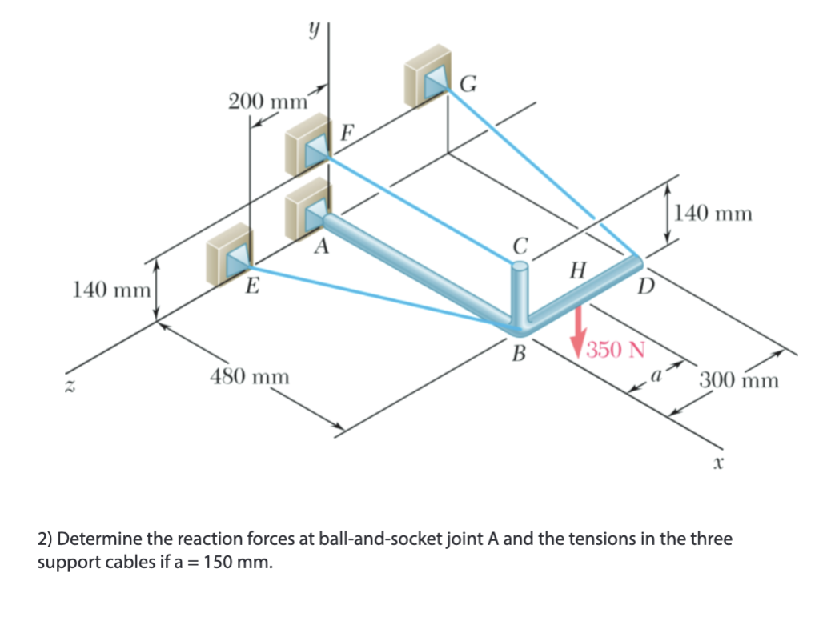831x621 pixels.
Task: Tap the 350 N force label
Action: pyautogui.click(x=615, y=351)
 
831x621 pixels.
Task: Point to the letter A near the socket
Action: pyautogui.click(x=322, y=246)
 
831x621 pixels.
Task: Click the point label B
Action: pyautogui.click(x=520, y=353)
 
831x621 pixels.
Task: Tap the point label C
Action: pyautogui.click(x=521, y=245)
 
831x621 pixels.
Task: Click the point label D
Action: pyautogui.click(x=645, y=286)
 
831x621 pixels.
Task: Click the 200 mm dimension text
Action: pyautogui.click(x=268, y=102)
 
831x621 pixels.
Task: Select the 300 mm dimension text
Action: pyautogui.click(x=738, y=379)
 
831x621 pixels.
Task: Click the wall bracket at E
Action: pyautogui.click(x=229, y=254)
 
